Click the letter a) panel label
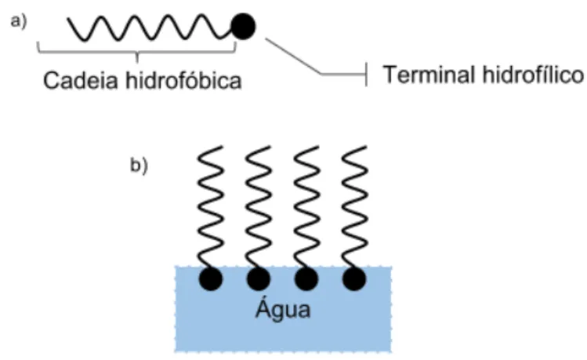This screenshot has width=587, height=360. (18, 21)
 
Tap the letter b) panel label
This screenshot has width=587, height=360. (139, 165)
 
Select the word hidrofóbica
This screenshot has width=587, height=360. (183, 80)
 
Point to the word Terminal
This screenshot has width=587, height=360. (429, 75)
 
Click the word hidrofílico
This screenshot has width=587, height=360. (533, 75)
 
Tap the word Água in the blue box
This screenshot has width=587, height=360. (283, 309)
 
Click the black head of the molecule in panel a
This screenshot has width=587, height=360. (243, 26)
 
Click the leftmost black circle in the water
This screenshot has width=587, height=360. (211, 279)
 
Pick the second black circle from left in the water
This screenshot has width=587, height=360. (259, 279)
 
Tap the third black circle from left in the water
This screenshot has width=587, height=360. (306, 279)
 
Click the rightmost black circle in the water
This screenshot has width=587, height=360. (354, 279)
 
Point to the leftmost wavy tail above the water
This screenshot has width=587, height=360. (211, 206)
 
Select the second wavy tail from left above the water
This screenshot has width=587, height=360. (259, 206)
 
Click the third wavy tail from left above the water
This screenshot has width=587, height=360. (306, 206)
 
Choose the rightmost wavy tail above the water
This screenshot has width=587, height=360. (354, 206)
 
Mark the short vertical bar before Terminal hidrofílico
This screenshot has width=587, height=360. (367, 75)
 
